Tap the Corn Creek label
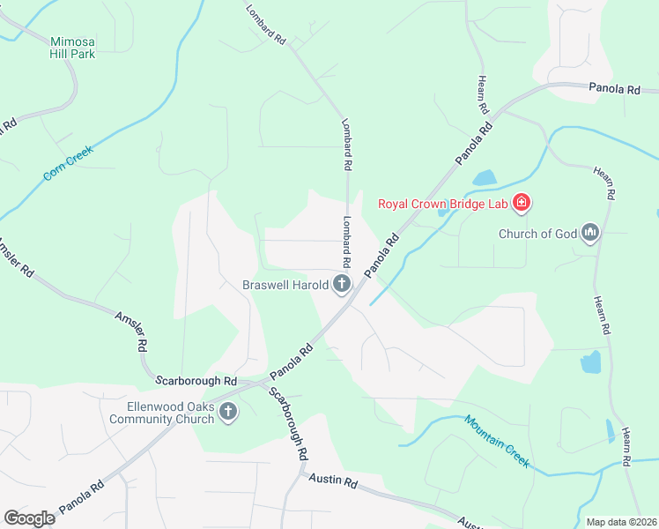(x=68, y=164)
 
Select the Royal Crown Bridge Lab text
(x=445, y=204)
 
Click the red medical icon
(x=522, y=204)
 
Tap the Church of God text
(x=537, y=234)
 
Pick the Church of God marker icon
(x=589, y=234)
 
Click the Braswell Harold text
(x=285, y=285)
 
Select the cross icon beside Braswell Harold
(x=342, y=284)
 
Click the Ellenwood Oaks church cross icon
(x=228, y=412)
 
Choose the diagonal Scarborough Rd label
(x=289, y=425)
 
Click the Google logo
(x=30, y=518)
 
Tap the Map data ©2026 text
(x=620, y=522)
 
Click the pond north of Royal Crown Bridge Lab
(x=485, y=178)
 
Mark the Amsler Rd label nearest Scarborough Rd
(x=130, y=332)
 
